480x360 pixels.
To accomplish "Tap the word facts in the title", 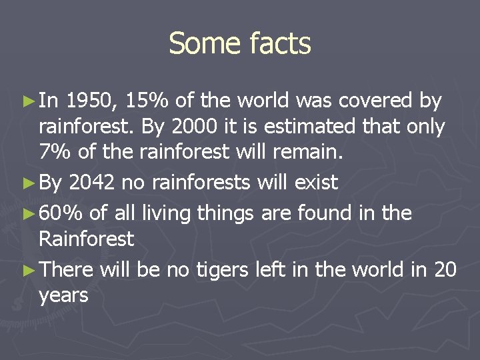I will pos(279,44).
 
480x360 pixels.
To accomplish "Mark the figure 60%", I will pos(61,213).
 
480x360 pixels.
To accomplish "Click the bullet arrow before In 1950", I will pos(27,102).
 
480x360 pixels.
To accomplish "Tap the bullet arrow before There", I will pos(27,270).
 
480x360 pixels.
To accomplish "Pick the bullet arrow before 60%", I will pos(27,214).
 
